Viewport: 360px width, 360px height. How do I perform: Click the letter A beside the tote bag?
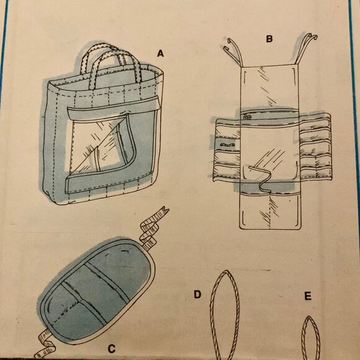pyautogui.click(x=160, y=53)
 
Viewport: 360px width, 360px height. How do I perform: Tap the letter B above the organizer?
pyautogui.click(x=269, y=39)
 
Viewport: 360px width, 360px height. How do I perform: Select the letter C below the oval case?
pyautogui.click(x=111, y=349)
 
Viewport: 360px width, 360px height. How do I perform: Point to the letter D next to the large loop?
pyautogui.click(x=197, y=294)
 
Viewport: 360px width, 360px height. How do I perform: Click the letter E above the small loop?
pyautogui.click(x=308, y=297)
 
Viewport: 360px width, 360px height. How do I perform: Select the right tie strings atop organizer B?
pyautogui.click(x=305, y=48)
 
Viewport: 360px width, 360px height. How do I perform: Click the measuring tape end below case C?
pyautogui.click(x=46, y=344)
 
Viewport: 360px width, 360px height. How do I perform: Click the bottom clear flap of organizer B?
pyautogui.click(x=269, y=211)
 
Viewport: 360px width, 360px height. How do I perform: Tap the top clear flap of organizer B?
pyautogui.click(x=269, y=88)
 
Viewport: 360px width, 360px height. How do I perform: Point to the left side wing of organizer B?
pyautogui.click(x=227, y=149)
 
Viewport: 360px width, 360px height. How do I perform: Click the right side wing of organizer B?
pyautogui.click(x=315, y=147)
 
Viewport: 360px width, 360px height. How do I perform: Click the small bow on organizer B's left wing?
pyautogui.click(x=226, y=145)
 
